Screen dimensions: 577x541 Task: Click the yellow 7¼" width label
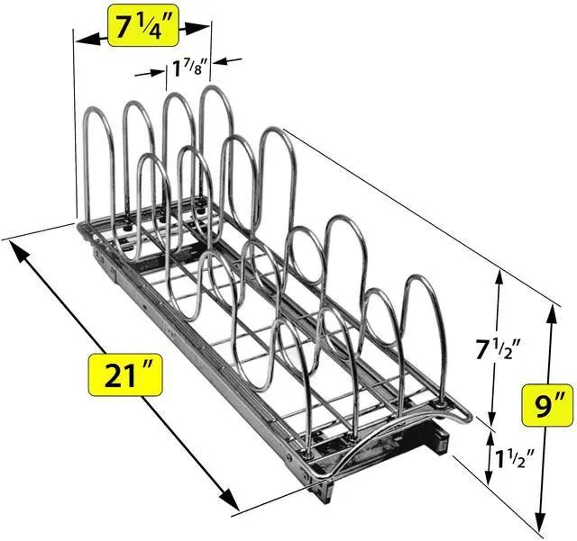pos(143,25)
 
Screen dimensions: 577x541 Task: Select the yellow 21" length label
pos(124,374)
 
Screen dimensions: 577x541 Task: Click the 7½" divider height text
pos(499,348)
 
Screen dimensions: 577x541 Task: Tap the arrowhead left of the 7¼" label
pos(87,39)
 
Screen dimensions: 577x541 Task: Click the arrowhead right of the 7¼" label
pos(197,29)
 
